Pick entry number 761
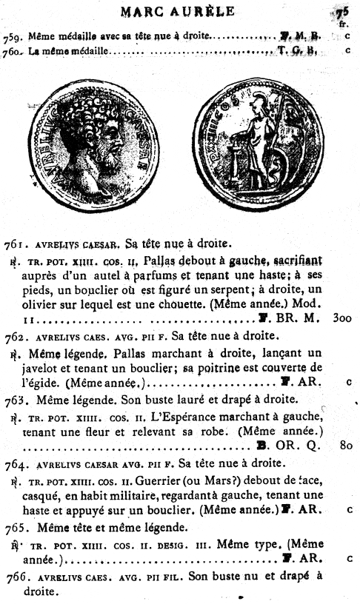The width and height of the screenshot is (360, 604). (x=14, y=244)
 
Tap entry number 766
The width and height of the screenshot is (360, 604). (x=14, y=577)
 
